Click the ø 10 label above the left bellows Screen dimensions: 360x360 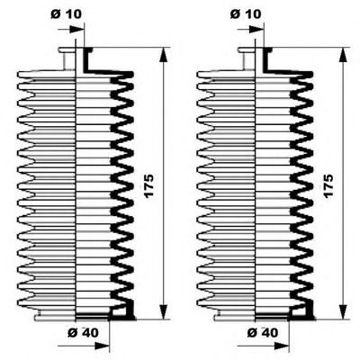(x=66, y=14)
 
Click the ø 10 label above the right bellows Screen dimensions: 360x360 (x=246, y=14)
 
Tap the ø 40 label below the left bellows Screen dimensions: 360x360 (x=83, y=332)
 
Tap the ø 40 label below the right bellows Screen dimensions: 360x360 (x=263, y=332)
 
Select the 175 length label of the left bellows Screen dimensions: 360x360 (x=148, y=185)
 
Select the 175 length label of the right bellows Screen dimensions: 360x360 (x=328, y=185)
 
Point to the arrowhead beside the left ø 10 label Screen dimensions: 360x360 (x=76, y=30)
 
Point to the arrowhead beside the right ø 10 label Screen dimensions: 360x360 (x=256, y=30)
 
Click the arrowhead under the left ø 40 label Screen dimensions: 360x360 (x=102, y=346)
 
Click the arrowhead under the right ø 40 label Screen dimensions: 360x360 (x=282, y=346)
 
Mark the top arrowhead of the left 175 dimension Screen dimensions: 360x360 (x=164, y=55)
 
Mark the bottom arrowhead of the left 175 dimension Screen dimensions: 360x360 (x=164, y=312)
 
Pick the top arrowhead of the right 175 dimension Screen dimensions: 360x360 (x=343, y=55)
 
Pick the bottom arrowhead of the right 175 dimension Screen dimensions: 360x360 (x=343, y=312)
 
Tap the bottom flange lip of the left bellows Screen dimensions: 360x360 (x=55, y=316)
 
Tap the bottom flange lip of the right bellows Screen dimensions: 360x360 (x=235, y=316)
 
